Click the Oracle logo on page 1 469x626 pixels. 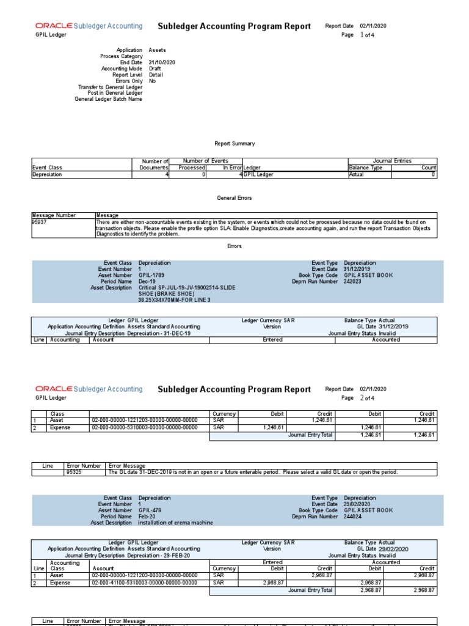pyautogui.click(x=54, y=26)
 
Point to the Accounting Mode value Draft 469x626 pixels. pyautogui.click(x=155, y=68)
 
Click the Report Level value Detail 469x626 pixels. pyautogui.click(x=156, y=75)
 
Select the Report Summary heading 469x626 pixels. pyautogui.click(x=234, y=144)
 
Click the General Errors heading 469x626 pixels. pyautogui.click(x=234, y=199)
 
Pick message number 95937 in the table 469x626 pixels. pyautogui.click(x=40, y=223)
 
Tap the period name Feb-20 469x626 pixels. pyautogui.click(x=147, y=517)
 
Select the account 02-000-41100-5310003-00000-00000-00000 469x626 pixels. pyautogui.click(x=145, y=583)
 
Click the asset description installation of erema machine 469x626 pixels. pyautogui.click(x=176, y=523)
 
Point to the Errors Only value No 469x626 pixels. pyautogui.click(x=152, y=81)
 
